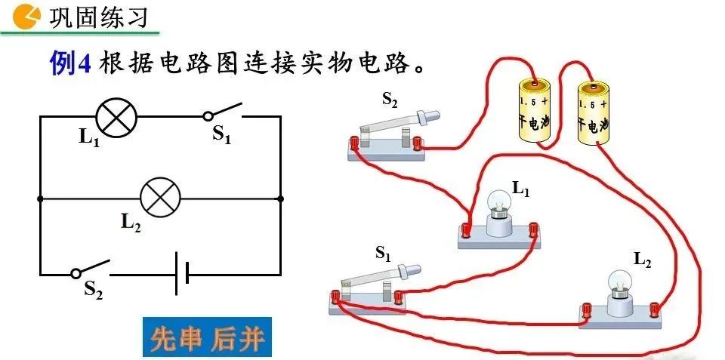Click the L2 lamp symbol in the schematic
pyautogui.click(x=160, y=198)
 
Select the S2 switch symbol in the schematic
pyautogui.click(x=91, y=270)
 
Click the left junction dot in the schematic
pyautogui.click(x=40, y=199)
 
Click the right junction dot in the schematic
pyautogui.click(x=280, y=199)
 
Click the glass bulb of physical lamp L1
pyautogui.click(x=500, y=202)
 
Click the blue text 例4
pyautogui.click(x=70, y=63)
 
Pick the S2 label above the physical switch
pyautogui.click(x=390, y=100)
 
